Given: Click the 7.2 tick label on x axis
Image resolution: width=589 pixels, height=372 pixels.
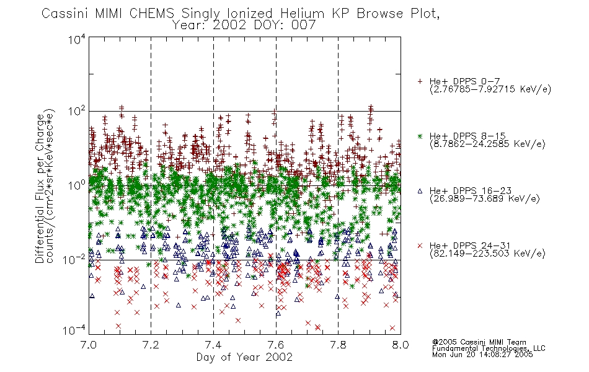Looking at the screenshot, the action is point(151,345).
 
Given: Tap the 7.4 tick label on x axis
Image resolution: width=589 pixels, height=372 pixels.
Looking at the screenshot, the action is point(213,345).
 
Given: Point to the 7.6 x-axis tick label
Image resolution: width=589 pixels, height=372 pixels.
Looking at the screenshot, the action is point(276,345).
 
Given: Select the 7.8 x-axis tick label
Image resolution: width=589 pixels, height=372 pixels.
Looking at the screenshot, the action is point(338,345).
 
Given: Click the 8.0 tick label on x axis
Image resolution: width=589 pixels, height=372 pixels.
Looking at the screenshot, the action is point(401,345).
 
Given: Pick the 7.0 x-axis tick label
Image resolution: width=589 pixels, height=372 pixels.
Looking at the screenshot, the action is point(89,345).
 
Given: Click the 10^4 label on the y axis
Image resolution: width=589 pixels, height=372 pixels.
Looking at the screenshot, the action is point(76,39).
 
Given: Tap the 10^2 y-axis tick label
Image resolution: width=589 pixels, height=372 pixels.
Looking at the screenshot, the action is point(76,112).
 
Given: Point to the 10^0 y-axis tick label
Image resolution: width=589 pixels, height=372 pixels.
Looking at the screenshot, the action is point(76,185).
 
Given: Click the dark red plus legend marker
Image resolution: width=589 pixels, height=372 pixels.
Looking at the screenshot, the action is point(420,81).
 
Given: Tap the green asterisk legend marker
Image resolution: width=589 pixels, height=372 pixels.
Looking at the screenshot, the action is point(420,136).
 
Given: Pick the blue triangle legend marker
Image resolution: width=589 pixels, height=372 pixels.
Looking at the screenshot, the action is point(420,191).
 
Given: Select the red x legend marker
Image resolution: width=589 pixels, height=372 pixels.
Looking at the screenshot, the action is point(420,246).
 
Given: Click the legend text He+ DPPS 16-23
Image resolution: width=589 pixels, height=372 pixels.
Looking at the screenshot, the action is point(471,191).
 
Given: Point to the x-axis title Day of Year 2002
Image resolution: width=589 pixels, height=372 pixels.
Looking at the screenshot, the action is point(244,357).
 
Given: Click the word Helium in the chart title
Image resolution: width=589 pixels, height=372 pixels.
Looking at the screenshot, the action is point(302,14).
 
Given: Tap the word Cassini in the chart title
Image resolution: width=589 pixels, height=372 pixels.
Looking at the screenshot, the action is point(64,14).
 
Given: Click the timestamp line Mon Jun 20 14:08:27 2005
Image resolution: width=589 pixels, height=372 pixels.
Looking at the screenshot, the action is point(482,355).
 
